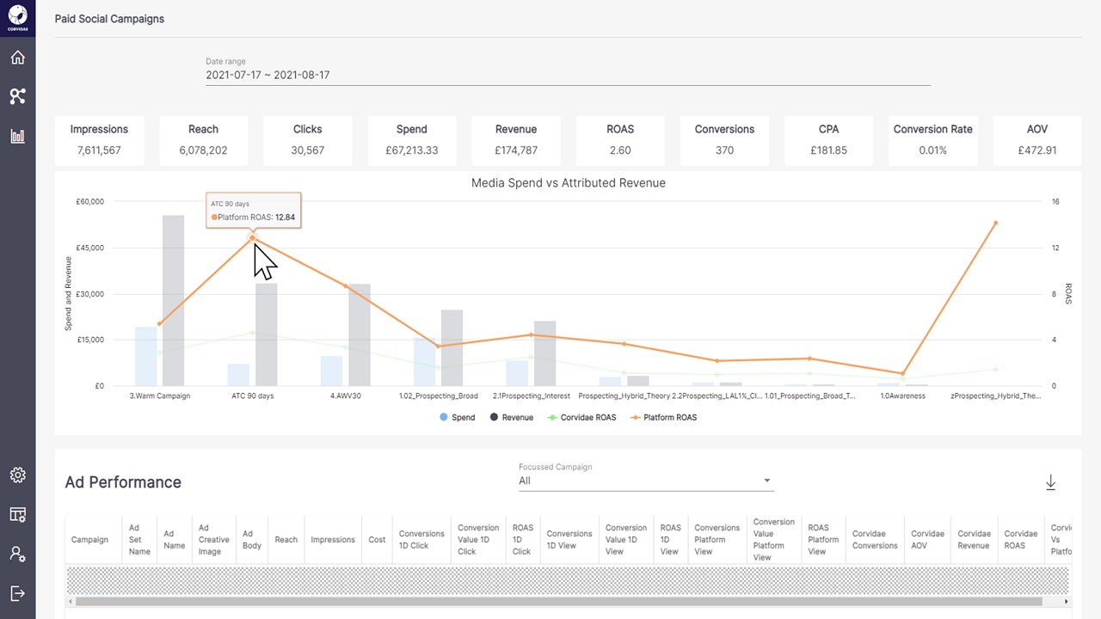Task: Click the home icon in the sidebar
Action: click(x=17, y=58)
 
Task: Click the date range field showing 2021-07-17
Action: click(x=268, y=75)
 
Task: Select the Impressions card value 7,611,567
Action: click(x=99, y=150)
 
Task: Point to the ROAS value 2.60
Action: click(x=620, y=150)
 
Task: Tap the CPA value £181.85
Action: click(x=828, y=150)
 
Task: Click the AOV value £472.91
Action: click(x=1036, y=150)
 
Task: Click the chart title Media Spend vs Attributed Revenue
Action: click(x=568, y=183)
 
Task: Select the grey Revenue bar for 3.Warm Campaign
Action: click(x=173, y=301)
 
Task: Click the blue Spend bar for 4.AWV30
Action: click(x=331, y=371)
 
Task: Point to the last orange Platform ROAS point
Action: click(x=995, y=223)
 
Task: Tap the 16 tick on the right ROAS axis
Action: click(x=1055, y=202)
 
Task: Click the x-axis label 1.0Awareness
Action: click(x=902, y=396)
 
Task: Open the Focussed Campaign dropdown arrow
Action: click(x=766, y=481)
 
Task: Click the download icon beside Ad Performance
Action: click(x=1050, y=483)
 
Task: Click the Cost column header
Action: click(x=377, y=540)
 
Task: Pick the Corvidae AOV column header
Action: click(x=927, y=540)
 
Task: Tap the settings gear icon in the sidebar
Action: click(x=17, y=475)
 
